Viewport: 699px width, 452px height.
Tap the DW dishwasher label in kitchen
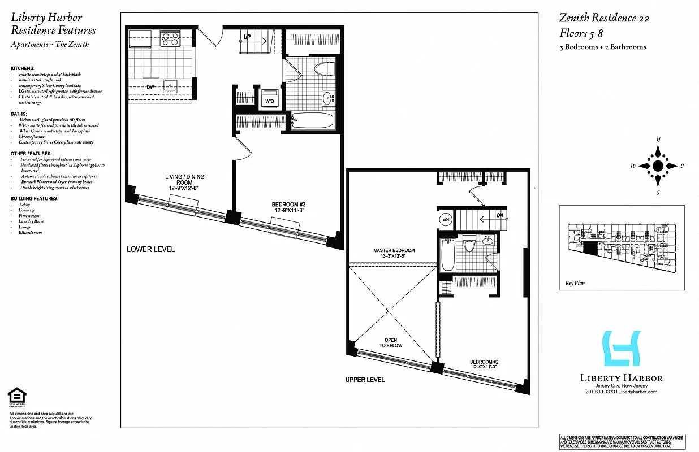(149, 87)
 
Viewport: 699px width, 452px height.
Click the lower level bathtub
(312, 120)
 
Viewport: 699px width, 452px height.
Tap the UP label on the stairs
(247, 37)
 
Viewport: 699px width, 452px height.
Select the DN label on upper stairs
(499, 215)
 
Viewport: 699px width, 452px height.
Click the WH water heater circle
(445, 220)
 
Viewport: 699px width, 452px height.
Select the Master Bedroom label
(394, 253)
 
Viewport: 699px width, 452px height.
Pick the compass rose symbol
(658, 166)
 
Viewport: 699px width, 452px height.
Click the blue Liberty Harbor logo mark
(622, 348)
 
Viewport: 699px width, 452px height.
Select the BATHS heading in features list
(19, 114)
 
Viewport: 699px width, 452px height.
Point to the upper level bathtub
(447, 255)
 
